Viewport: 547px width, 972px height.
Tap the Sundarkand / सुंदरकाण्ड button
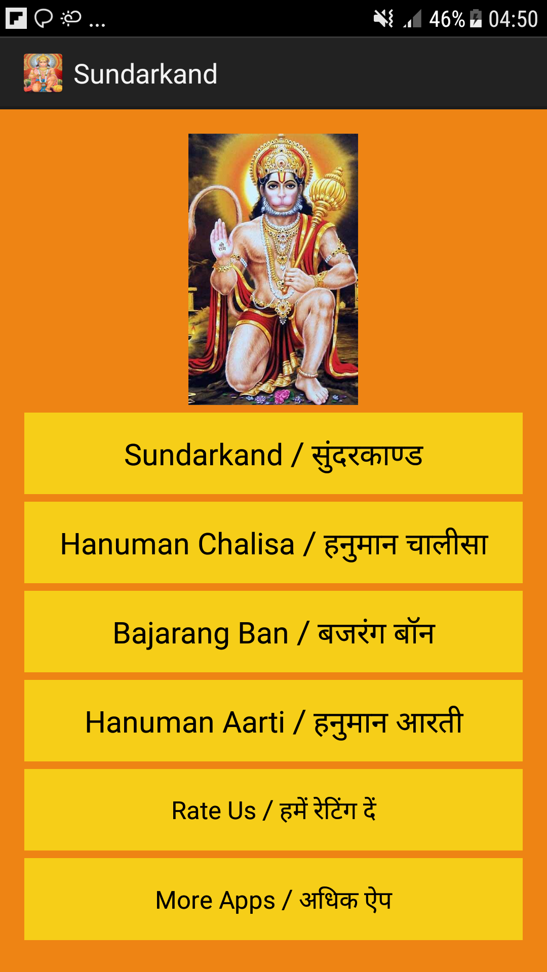click(x=273, y=454)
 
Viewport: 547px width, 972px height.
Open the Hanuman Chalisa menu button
click(x=273, y=543)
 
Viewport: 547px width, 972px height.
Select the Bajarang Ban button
click(x=273, y=632)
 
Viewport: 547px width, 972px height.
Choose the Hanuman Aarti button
click(x=273, y=721)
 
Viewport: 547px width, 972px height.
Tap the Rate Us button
click(x=273, y=810)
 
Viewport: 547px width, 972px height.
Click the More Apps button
click(x=273, y=899)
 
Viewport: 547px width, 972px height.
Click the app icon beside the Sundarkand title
click(x=43, y=73)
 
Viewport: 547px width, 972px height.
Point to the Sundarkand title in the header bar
click(x=145, y=74)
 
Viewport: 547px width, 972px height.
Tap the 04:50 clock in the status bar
click(x=513, y=19)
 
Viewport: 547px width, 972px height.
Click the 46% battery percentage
click(x=447, y=19)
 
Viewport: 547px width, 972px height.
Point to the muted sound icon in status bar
click(x=383, y=19)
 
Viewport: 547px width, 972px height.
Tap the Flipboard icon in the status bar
click(x=16, y=18)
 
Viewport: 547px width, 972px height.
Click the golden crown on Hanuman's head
click(x=280, y=154)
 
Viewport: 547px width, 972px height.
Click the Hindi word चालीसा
click(x=447, y=544)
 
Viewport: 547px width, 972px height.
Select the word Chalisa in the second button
click(x=246, y=544)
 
